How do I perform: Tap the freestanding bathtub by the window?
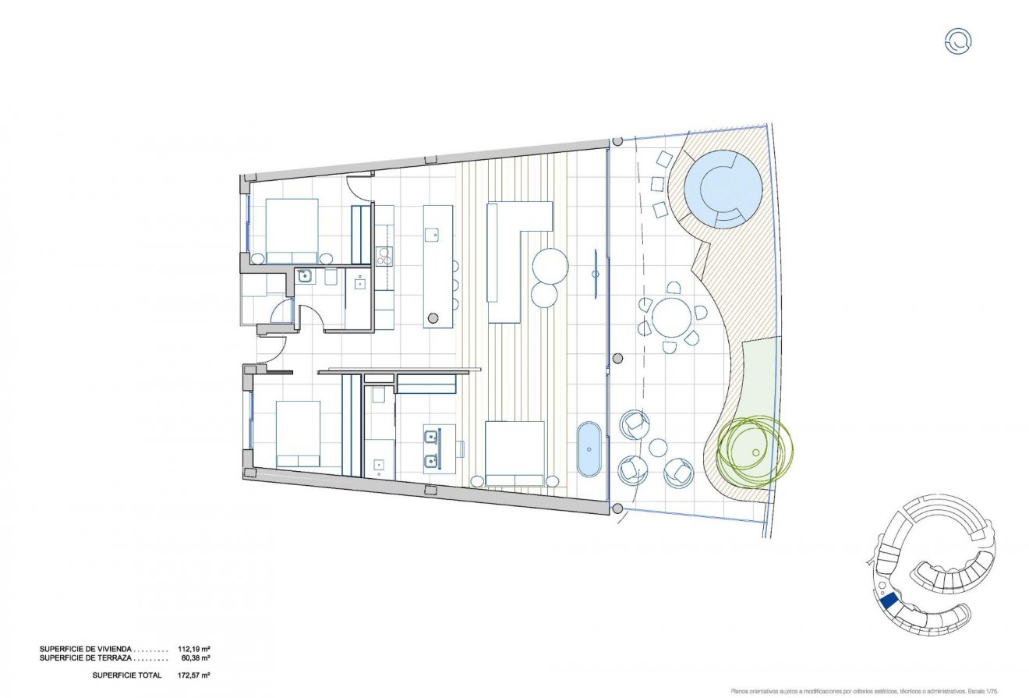[x=589, y=448]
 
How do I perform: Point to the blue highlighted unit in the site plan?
[x=887, y=601]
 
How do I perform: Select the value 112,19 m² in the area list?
[x=196, y=648]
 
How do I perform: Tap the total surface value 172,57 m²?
[x=196, y=675]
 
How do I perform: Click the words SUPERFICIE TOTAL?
[x=126, y=675]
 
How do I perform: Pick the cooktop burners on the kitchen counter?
[x=384, y=256]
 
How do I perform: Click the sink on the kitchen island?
[x=432, y=232]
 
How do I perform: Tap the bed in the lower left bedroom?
[x=299, y=434]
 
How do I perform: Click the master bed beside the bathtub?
[x=514, y=453]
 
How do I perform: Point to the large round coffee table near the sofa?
[x=550, y=265]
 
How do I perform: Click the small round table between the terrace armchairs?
[x=658, y=448]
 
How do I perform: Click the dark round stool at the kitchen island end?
[x=433, y=317]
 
